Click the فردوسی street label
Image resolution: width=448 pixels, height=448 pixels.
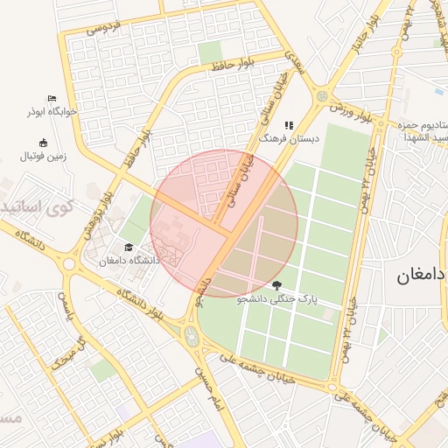pyautogui.click(x=103, y=28)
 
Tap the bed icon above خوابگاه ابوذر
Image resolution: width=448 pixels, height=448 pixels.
pyautogui.click(x=52, y=98)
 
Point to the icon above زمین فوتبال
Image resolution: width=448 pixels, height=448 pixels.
pyautogui.click(x=43, y=143)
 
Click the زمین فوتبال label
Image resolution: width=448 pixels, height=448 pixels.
pyautogui.click(x=43, y=157)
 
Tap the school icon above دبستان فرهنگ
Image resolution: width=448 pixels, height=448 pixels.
pyautogui.click(x=289, y=125)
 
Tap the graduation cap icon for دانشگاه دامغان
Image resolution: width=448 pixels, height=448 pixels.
pyautogui.click(x=129, y=248)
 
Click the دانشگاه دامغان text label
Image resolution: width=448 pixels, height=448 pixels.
pyautogui.click(x=129, y=261)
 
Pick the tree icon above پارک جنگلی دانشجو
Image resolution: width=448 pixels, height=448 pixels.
pyautogui.click(x=277, y=285)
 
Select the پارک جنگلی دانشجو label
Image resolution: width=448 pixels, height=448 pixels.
pyautogui.click(x=276, y=299)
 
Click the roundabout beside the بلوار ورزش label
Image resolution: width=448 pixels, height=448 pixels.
pyautogui.click(x=322, y=95)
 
